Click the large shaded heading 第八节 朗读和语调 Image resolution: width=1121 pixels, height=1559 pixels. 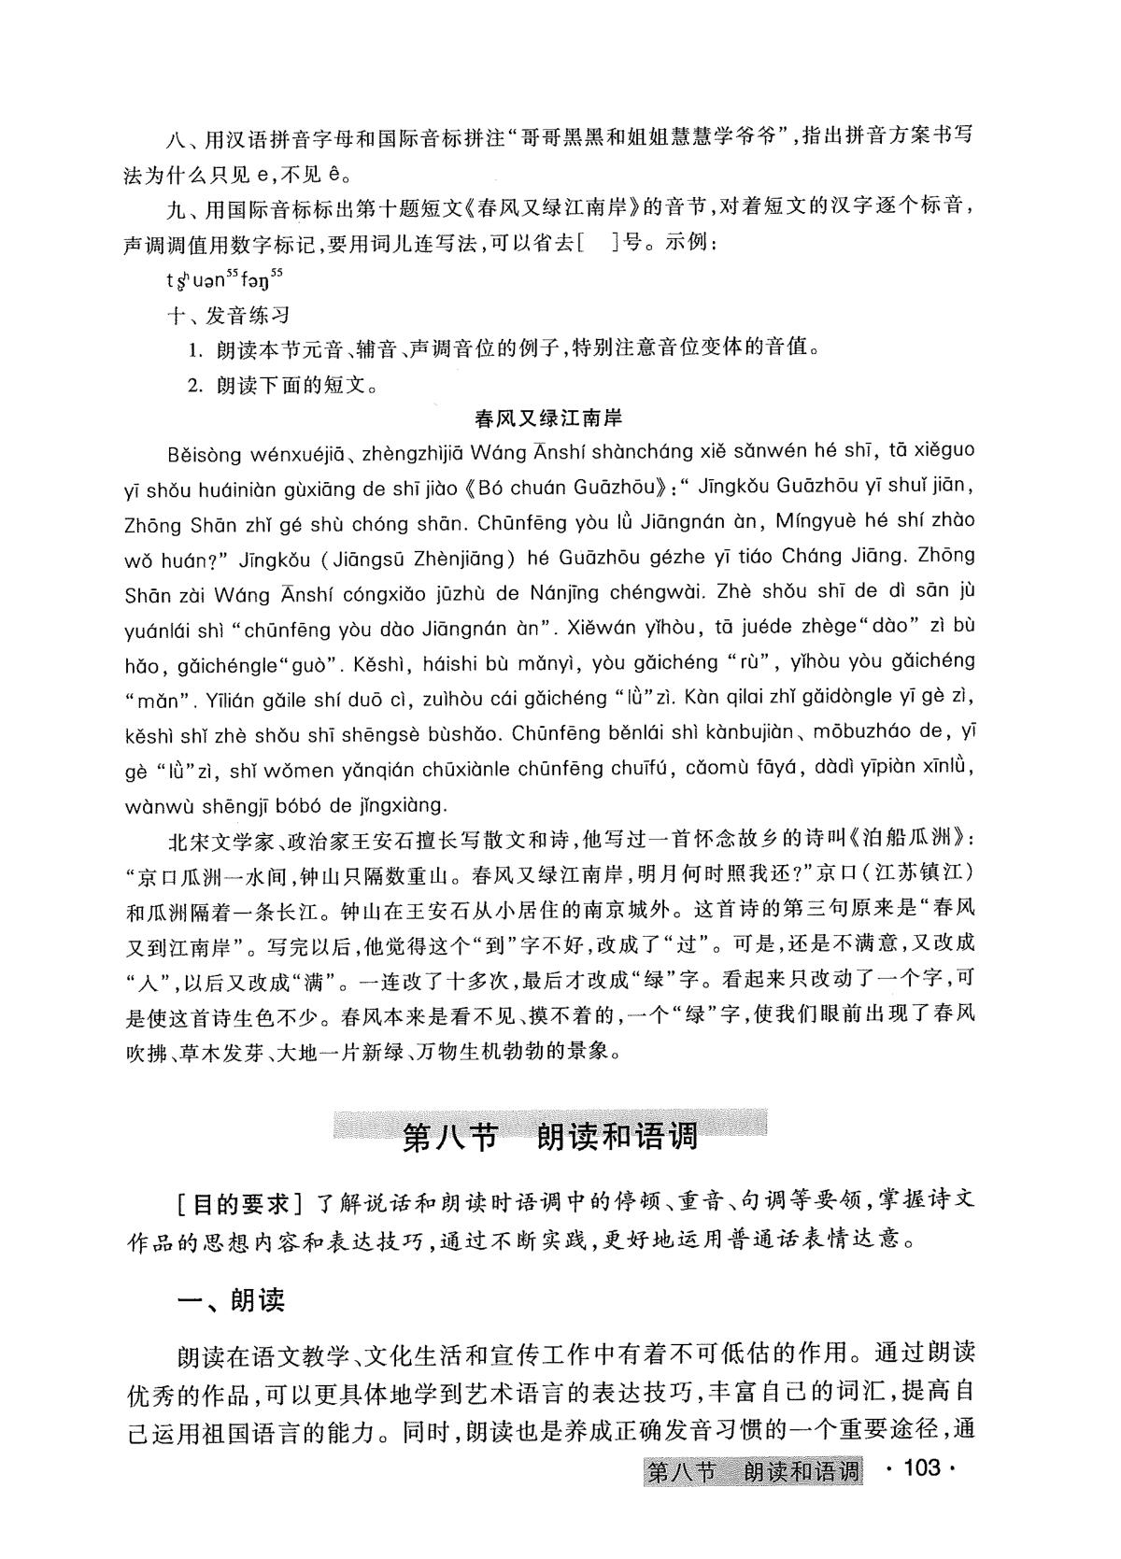coord(550,1137)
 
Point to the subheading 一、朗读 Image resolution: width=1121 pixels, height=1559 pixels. coord(232,1300)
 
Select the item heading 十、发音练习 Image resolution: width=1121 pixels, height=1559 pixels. coord(227,316)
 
